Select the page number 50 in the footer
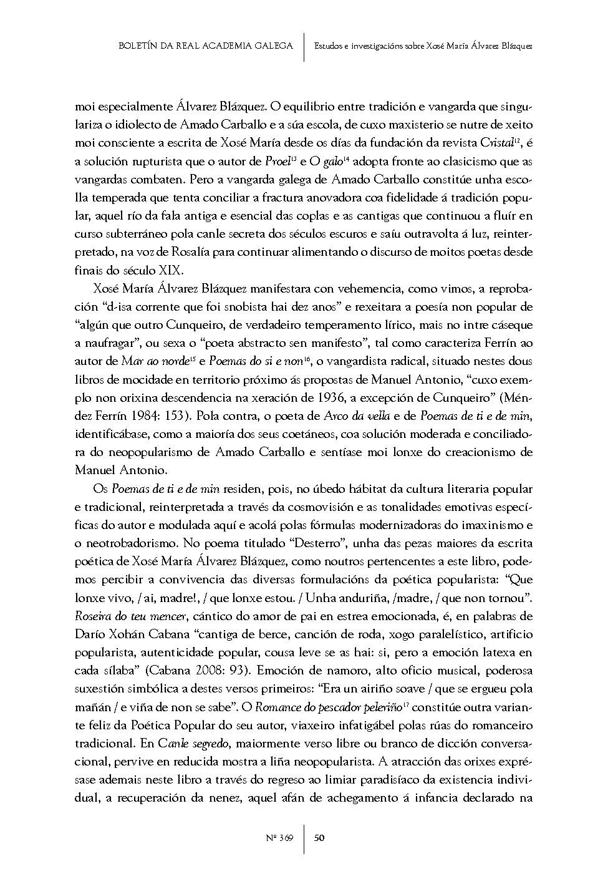tap(319, 838)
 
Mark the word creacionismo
tap(476, 451)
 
